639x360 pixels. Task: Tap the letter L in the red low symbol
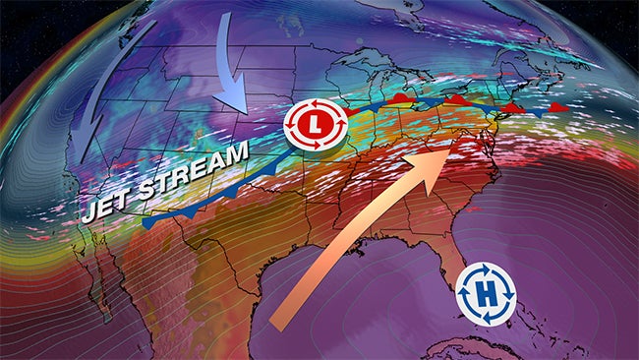[x=315, y=125]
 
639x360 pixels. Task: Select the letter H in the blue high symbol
[x=484, y=294]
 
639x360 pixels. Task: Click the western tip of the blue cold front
[x=145, y=224]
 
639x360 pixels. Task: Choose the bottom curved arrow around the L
[x=315, y=147]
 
